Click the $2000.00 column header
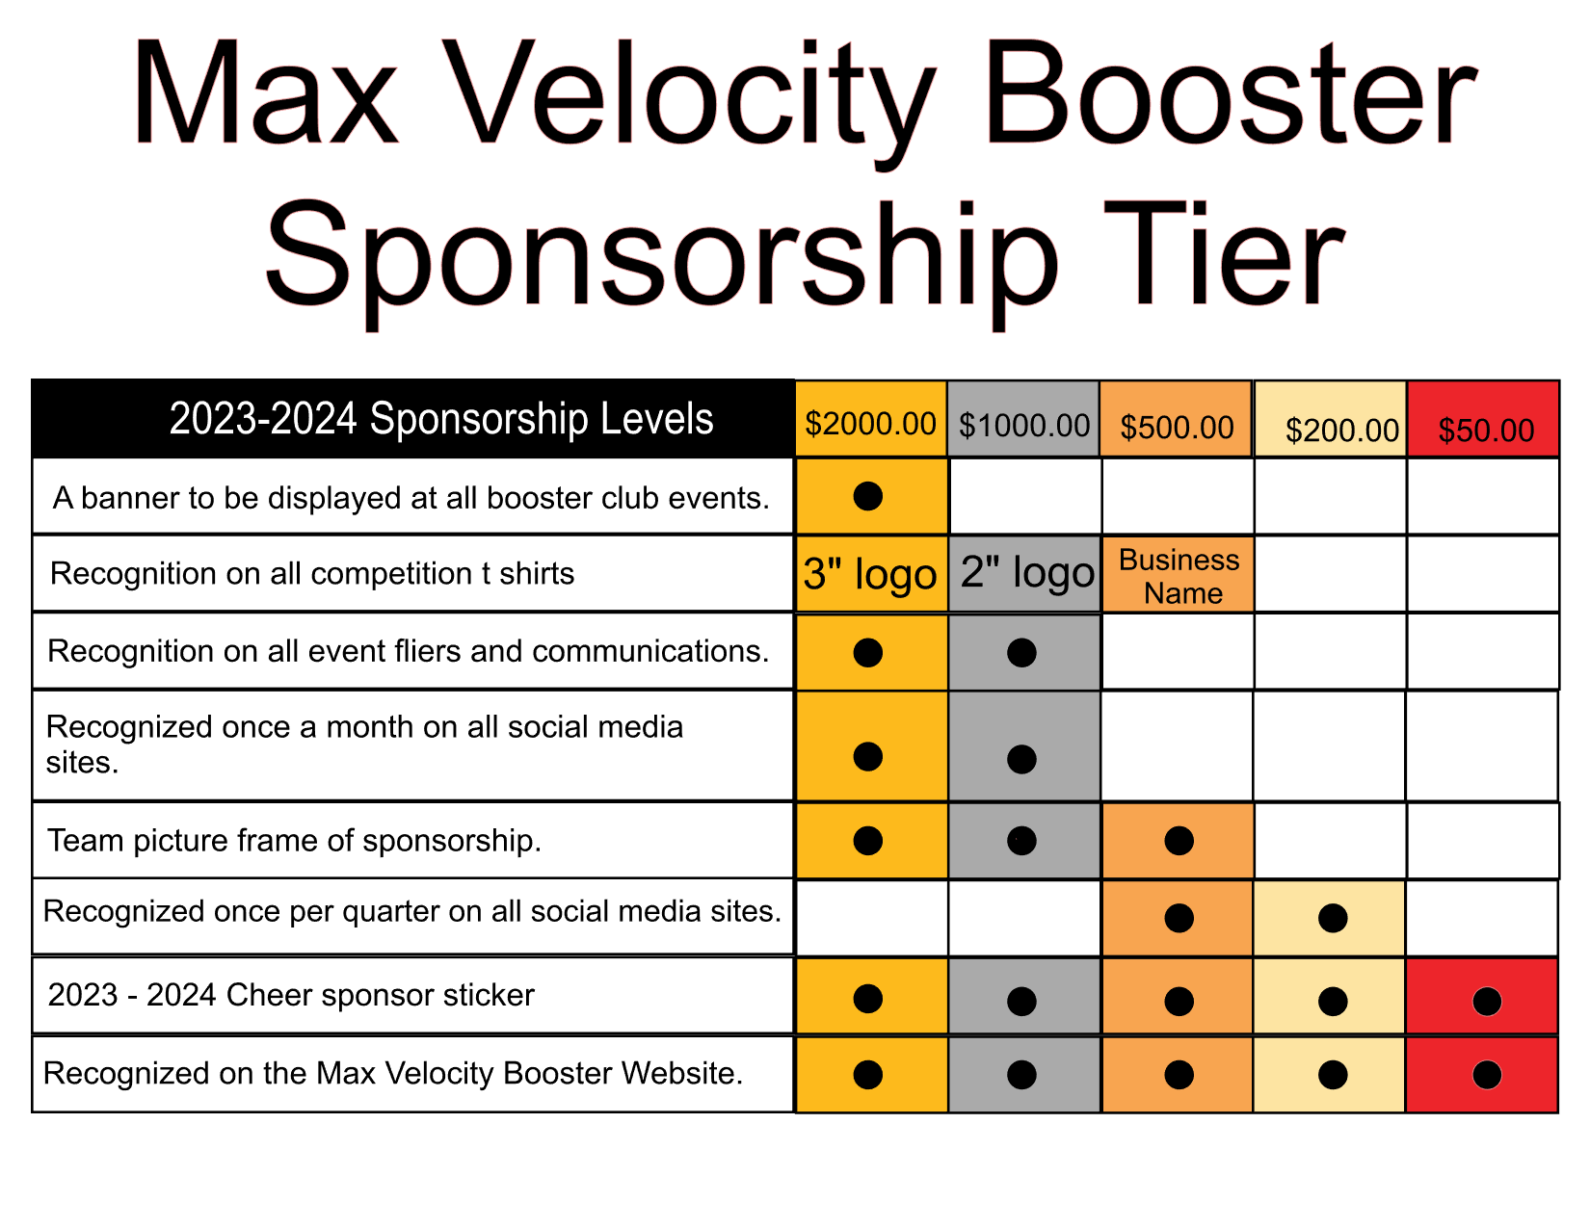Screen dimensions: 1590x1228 [x=871, y=419]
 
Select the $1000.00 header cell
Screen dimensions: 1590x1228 [x=1023, y=419]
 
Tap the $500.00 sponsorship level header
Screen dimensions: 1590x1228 [x=1177, y=419]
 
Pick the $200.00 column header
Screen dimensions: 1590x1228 [x=1330, y=419]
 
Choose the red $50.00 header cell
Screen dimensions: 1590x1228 [x=1483, y=419]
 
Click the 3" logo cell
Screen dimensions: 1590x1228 [x=871, y=574]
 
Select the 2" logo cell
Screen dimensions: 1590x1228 [x=1023, y=574]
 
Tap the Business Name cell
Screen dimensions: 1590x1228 [x=1178, y=574]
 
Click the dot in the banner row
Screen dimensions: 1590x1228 [x=868, y=497]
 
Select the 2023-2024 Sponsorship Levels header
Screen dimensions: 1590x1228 [x=441, y=419]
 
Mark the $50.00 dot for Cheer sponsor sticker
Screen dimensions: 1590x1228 [x=1487, y=1002]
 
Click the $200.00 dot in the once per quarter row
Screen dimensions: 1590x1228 [x=1333, y=918]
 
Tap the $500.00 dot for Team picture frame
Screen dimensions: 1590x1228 [x=1179, y=841]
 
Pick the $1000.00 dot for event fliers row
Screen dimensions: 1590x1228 [x=1021, y=652]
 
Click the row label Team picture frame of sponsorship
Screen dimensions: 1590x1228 [x=294, y=841]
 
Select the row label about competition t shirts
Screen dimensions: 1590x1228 [x=312, y=574]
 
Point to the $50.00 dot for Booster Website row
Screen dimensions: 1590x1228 [x=1487, y=1075]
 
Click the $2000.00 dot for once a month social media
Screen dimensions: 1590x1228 [x=868, y=756]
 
